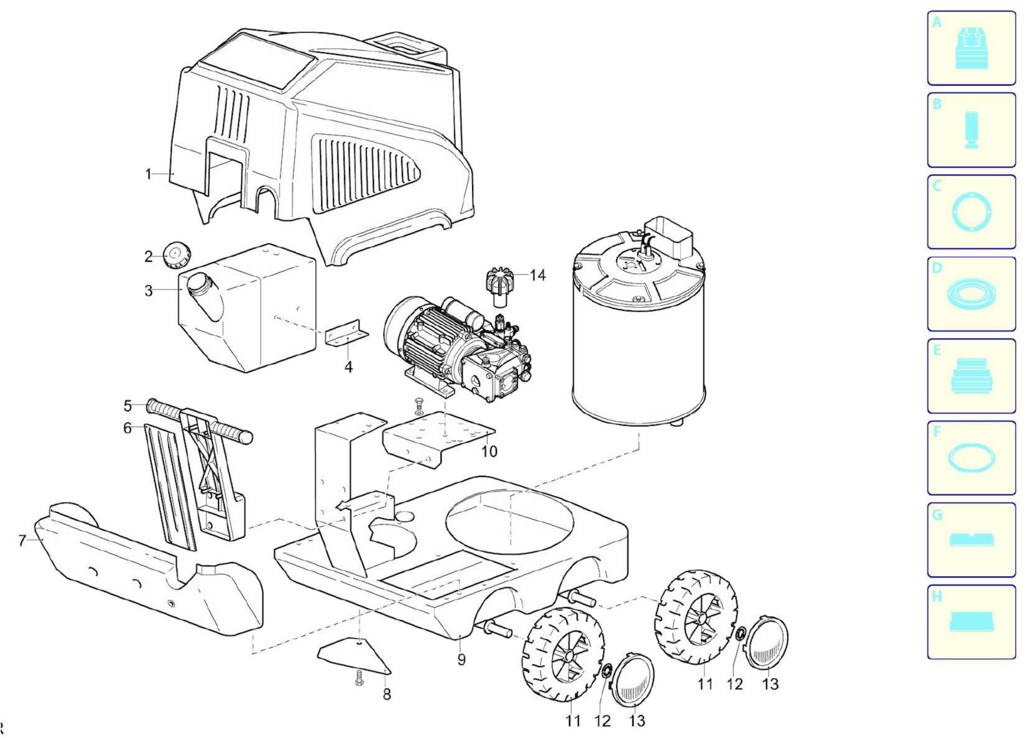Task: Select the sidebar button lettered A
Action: [971, 48]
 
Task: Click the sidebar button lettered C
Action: [971, 212]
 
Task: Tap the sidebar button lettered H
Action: [971, 622]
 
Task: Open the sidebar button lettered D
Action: [971, 294]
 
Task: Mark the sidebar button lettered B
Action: [971, 130]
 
